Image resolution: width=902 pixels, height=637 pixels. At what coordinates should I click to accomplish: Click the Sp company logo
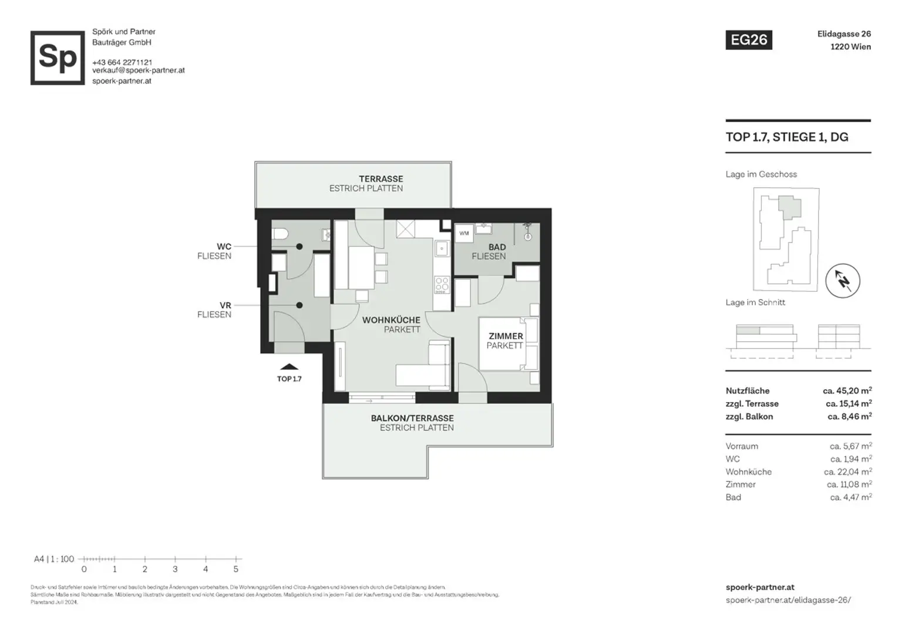point(58,58)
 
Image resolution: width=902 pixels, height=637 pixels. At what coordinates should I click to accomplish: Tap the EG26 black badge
point(749,40)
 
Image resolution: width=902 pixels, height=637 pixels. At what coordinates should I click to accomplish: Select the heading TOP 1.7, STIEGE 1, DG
point(787,137)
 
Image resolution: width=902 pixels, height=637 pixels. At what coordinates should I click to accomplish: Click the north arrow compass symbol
point(843,281)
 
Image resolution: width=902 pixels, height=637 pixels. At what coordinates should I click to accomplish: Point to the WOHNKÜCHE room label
point(391,320)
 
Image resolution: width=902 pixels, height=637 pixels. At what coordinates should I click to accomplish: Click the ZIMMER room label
point(506,336)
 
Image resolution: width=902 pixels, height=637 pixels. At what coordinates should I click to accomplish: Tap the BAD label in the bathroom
point(497,247)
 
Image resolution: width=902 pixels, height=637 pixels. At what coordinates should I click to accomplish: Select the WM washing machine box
point(464,233)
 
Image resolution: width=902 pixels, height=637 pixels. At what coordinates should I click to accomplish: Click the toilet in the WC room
point(280,234)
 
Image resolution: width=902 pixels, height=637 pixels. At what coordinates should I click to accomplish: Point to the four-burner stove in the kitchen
point(442,285)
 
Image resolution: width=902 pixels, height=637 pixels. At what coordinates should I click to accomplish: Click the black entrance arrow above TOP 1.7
point(289,367)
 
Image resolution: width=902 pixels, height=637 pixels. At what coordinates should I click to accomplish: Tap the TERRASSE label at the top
point(381,178)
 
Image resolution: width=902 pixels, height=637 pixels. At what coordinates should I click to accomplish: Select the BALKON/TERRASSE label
point(412,418)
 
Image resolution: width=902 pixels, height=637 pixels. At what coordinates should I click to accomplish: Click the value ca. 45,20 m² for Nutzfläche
point(847,390)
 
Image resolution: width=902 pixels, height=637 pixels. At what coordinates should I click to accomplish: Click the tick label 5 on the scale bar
point(236,569)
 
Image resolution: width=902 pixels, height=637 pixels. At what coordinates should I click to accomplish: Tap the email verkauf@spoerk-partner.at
point(139,70)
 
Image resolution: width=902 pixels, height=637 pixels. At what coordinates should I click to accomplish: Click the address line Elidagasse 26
point(844,34)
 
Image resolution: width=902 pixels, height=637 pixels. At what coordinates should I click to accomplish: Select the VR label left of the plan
point(225,305)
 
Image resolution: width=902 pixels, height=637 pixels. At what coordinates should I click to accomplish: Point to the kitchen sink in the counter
point(441,249)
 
